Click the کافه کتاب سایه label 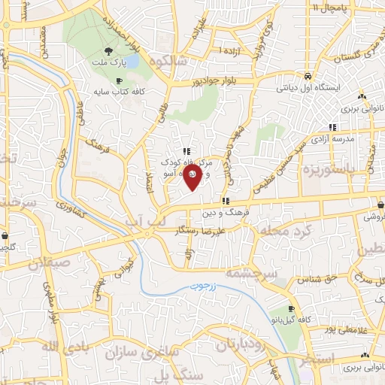(126, 88)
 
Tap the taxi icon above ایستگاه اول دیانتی (308, 76)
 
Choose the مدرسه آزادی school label (333, 140)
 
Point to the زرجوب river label (202, 286)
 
